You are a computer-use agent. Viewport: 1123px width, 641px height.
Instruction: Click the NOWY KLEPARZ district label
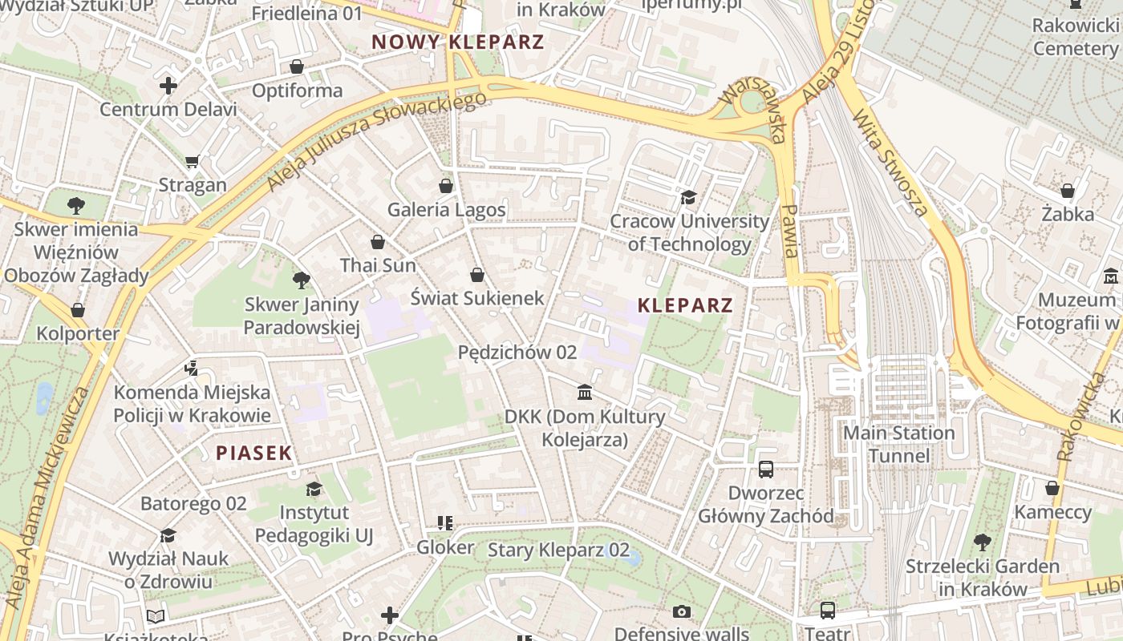coord(458,42)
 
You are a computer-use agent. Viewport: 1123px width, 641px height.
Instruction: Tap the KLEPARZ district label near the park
coord(685,305)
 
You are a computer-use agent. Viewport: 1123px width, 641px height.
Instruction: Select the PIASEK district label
coord(253,454)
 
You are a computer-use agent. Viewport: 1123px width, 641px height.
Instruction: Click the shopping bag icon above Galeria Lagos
coord(446,186)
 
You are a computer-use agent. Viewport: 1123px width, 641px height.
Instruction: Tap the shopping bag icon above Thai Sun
coord(378,242)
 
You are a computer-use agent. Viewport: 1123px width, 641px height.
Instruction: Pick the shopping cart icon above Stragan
coord(192,162)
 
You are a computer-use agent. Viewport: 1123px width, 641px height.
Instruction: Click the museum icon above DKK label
coord(585,393)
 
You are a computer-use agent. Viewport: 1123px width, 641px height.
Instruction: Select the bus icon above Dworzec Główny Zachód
coord(766,469)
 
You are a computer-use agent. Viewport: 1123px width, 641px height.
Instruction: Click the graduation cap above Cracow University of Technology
coord(688,197)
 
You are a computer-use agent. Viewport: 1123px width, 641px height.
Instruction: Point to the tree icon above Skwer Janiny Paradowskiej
coord(302,280)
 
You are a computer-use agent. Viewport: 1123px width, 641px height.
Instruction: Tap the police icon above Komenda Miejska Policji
coord(191,369)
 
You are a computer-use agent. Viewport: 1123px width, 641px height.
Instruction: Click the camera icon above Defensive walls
coord(681,612)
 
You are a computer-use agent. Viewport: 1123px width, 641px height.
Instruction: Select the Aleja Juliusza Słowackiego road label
coord(377,142)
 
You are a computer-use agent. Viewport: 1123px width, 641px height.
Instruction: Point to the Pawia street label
coord(790,231)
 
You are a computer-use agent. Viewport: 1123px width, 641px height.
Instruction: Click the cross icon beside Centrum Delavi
coord(168,85)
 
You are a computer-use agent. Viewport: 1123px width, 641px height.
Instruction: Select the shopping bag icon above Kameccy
coord(1052,488)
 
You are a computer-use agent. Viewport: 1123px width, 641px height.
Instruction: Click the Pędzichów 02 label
coord(517,353)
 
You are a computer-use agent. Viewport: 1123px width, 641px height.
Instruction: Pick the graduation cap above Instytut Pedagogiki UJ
coord(314,489)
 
